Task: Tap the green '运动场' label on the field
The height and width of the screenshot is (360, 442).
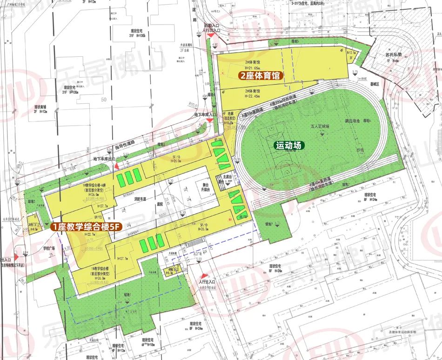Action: point(288,146)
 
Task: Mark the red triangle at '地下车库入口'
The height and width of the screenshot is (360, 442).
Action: point(210,120)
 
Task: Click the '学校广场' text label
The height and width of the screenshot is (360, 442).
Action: point(47,248)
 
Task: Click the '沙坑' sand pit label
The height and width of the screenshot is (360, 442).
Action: point(359,150)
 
